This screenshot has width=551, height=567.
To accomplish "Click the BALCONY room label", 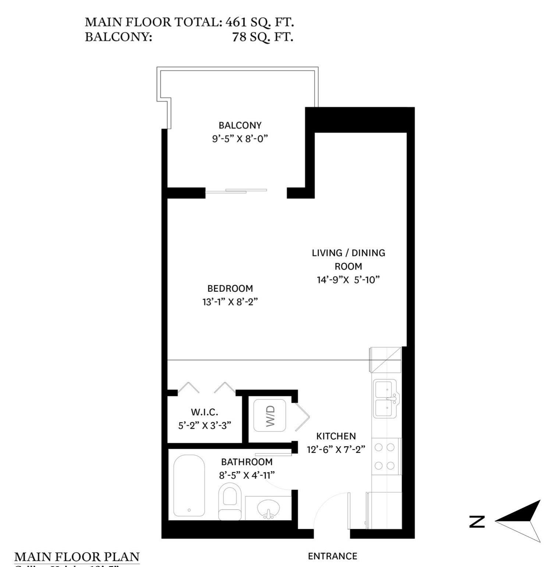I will click(240, 125).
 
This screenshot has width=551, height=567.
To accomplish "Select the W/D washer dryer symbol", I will click(270, 415).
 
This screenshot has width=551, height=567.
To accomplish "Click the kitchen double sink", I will click(385, 399).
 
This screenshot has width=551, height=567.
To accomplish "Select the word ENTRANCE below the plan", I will click(333, 556).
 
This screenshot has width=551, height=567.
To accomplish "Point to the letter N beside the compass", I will click(477, 522).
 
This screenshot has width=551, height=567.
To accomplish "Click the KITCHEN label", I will click(336, 436).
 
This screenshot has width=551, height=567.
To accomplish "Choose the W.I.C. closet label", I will click(204, 412).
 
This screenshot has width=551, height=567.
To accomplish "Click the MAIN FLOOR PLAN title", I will click(77, 556).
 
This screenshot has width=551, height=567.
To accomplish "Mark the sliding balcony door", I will click(236, 191).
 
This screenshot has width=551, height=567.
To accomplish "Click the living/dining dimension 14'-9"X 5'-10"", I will click(348, 280).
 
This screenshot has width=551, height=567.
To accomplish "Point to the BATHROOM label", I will click(247, 462).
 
